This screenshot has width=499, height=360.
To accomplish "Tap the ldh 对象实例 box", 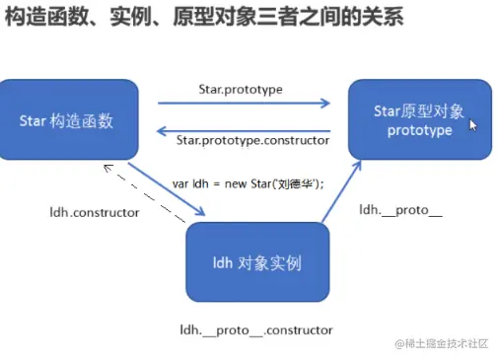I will [256, 263].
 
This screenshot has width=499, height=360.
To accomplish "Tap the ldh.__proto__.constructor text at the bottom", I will [255, 330].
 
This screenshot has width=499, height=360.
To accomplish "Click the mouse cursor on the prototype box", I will [473, 125].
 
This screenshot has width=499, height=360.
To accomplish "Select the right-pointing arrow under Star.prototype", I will [242, 103].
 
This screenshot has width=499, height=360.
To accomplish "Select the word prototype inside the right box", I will [419, 130].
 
